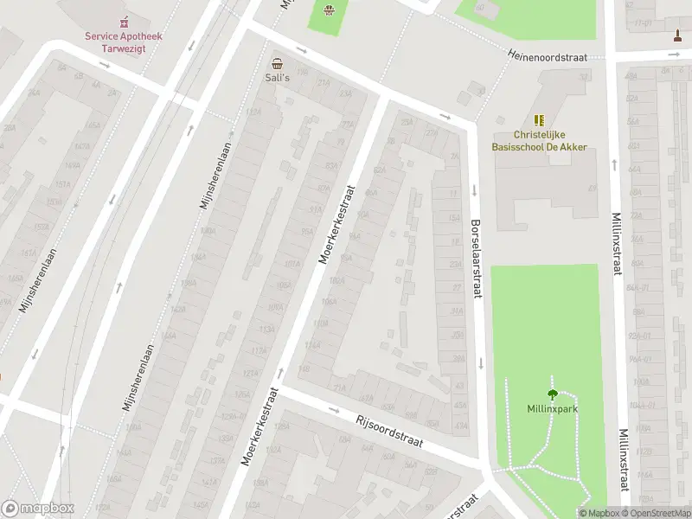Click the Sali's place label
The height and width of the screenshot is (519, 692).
click(277, 77)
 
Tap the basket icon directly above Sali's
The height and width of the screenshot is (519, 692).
click(277, 63)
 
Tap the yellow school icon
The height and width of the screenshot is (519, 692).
click(540, 120)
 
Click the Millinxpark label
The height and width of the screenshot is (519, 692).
click(552, 408)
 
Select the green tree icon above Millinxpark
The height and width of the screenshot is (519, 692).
click(552, 394)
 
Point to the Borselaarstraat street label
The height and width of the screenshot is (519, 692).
click(475, 259)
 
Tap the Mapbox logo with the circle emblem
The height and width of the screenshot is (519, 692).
click(38, 509)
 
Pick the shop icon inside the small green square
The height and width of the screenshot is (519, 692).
click(329, 10)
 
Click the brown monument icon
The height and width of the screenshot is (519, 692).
click(677, 35)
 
